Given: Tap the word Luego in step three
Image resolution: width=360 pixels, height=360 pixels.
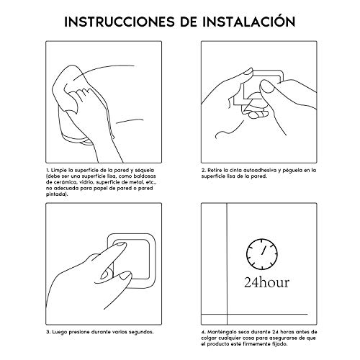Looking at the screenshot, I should click(61, 333).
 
